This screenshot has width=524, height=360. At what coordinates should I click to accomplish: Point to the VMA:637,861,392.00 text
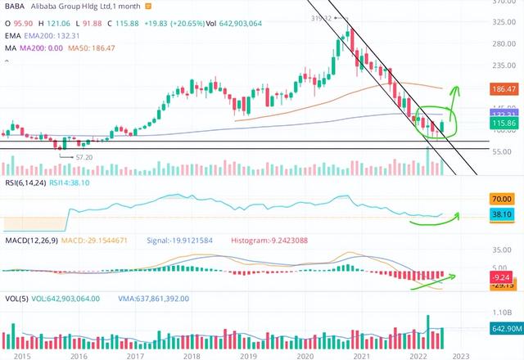[153, 299]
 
